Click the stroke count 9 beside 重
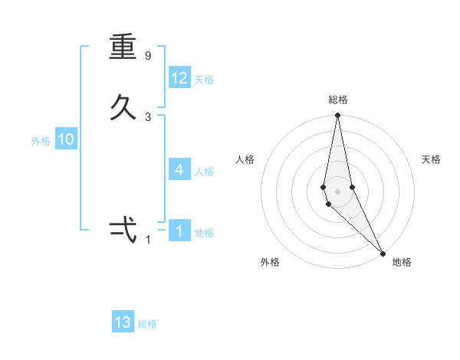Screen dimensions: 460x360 [148, 56]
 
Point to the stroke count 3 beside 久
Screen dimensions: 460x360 [148, 116]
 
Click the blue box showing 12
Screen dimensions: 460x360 [179, 78]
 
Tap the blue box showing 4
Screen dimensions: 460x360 [179, 170]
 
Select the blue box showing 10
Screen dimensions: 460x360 [66, 139]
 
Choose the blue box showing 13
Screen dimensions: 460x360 [123, 322]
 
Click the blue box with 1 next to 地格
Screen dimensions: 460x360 [179, 231]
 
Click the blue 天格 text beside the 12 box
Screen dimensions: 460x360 [204, 80]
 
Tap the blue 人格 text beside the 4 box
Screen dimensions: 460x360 [204, 172]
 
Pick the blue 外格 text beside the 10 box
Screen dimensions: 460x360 [41, 141]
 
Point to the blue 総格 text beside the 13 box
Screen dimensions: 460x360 [147, 324]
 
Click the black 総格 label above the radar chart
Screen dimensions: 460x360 [338, 100]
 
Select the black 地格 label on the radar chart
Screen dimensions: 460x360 [402, 262]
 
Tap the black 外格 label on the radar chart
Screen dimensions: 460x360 [270, 262]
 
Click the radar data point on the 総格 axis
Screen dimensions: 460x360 [337, 116]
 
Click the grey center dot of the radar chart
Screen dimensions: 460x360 [337, 191]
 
